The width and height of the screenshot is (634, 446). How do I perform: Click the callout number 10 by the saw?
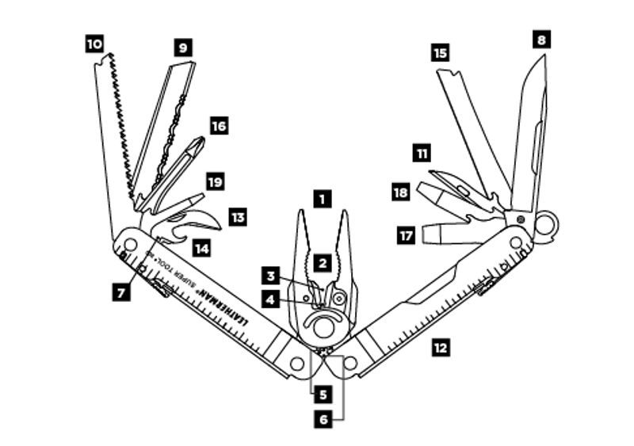pos(94,44)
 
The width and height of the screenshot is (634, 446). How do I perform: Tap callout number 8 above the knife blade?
pos(541,38)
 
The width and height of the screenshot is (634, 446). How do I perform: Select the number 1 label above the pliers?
pos(321,197)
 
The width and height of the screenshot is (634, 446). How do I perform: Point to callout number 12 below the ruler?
pos(441,346)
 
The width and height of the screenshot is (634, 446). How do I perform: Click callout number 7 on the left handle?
pos(121,292)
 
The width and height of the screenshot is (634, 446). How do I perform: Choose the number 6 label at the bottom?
pos(322,421)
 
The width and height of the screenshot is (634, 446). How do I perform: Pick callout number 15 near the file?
pos(441,53)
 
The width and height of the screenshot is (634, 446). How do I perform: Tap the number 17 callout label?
pos(406,235)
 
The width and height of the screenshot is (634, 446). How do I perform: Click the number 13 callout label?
pos(238,216)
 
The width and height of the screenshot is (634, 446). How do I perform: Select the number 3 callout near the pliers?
pos(272,276)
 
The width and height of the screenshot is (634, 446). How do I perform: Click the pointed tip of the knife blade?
pos(544,57)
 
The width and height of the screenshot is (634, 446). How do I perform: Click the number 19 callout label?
pos(215,182)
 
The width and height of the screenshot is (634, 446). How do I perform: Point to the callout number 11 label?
pos(422,151)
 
